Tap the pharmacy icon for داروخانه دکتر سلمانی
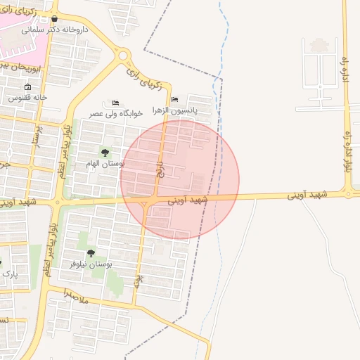[x=54, y=19]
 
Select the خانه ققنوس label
[x=27, y=98]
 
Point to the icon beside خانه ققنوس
[x=27, y=87]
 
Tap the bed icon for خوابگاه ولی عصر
[x=115, y=103]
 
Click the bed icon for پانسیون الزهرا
[x=174, y=99]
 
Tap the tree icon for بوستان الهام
[x=105, y=153]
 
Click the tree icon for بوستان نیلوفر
[x=91, y=253]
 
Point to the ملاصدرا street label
[x=75, y=295]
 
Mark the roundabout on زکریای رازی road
[x=124, y=55]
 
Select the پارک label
[x=9, y=273]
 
